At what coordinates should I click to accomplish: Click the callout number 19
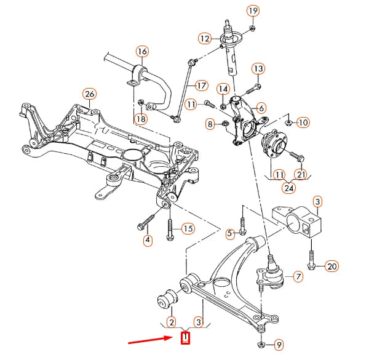coord(253,10)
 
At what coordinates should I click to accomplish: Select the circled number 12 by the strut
coord(205,39)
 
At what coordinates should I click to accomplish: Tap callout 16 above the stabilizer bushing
coord(142,51)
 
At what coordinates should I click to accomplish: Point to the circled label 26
coord(90,94)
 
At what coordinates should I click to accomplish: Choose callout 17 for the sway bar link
coord(202,85)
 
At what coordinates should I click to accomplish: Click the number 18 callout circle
coord(141,118)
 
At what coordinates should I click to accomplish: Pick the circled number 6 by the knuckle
coord(261,106)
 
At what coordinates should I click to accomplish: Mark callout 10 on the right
coord(303,122)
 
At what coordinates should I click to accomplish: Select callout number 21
coord(300,174)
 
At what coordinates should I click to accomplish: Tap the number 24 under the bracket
coord(288,189)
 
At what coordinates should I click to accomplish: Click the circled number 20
coord(331,266)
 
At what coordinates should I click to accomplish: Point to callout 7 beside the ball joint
coord(298,277)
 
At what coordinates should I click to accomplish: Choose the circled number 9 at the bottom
coord(279,344)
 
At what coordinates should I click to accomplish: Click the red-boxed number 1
coord(186,337)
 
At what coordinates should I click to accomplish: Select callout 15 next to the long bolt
coord(188,229)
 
